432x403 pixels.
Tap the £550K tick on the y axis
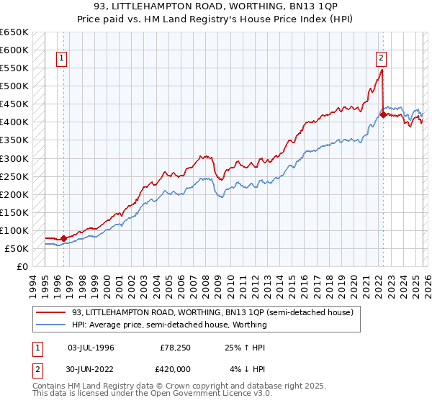tap(14, 68)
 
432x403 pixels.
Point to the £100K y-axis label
tap(14, 230)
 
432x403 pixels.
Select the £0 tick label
tap(21, 266)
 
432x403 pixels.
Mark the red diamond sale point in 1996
tap(63, 237)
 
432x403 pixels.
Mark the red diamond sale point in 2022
tap(382, 114)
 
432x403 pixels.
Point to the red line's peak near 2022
tap(382, 71)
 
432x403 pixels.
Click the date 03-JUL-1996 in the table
tap(91, 348)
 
